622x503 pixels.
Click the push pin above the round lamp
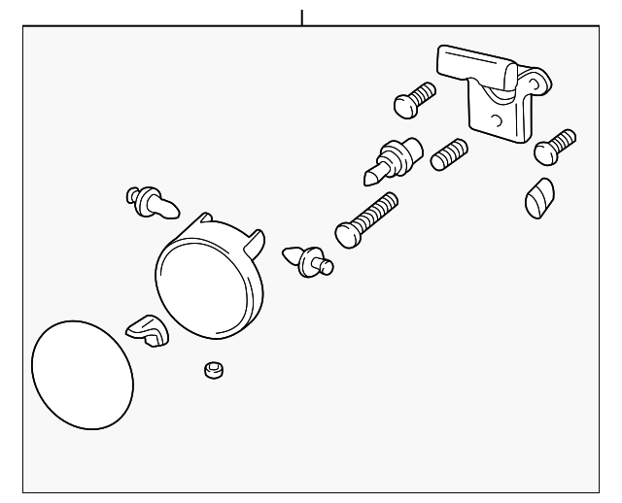(x=150, y=202)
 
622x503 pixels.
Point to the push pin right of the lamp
(x=309, y=259)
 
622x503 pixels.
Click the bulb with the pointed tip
(x=394, y=159)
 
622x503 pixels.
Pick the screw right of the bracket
(x=555, y=145)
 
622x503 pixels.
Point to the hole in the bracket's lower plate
(x=496, y=121)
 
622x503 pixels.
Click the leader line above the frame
(x=302, y=17)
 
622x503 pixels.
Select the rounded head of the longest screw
(x=347, y=233)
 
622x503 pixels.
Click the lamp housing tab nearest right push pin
(x=259, y=239)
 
